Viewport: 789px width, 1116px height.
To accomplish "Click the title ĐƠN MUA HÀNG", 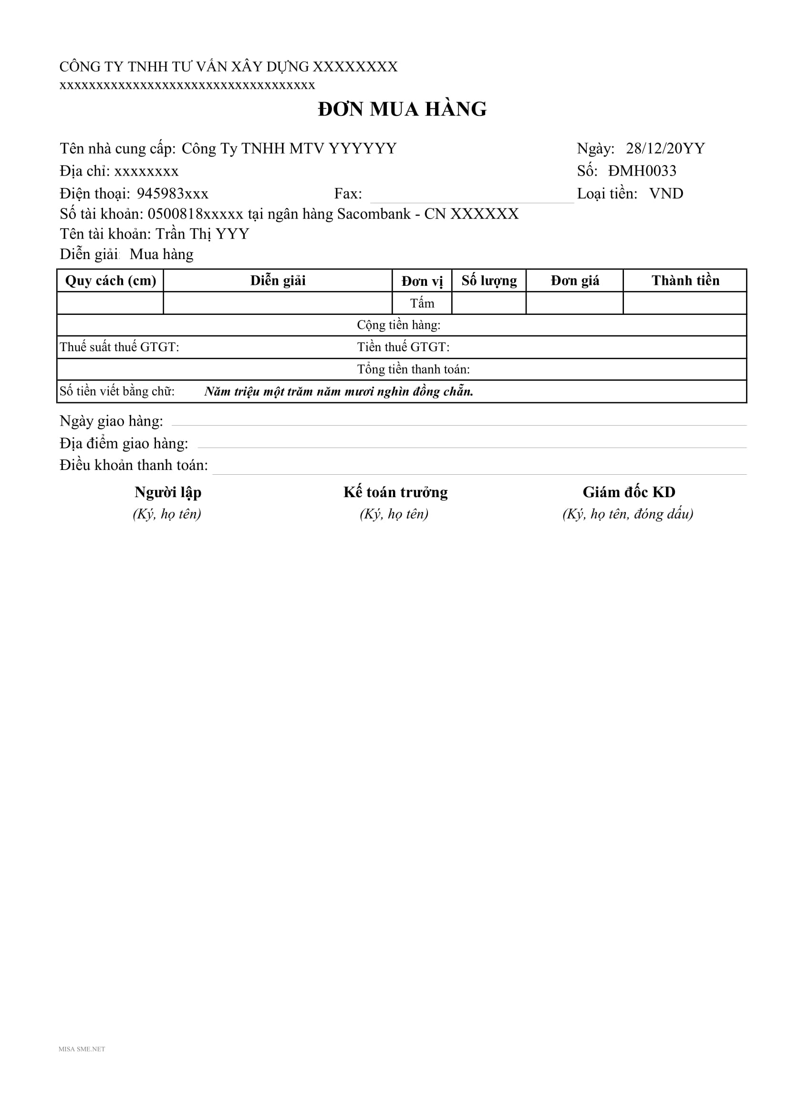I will tap(402, 109).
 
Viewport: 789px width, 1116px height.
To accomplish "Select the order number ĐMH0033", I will tap(642, 171).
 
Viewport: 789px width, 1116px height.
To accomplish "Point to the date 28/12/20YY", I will tap(664, 148).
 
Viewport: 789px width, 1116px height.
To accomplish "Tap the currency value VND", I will tap(666, 193).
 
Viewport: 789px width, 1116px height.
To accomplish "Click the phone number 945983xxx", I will tap(173, 193).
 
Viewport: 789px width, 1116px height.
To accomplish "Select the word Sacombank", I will tap(374, 214).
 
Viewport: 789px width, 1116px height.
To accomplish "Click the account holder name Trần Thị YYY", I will tap(202, 234).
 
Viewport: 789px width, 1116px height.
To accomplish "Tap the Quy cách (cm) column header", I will tap(110, 281).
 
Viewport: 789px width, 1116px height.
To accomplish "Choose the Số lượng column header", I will tap(489, 281).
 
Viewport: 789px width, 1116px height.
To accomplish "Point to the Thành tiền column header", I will tap(685, 281).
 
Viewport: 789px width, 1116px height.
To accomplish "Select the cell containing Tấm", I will tap(422, 303).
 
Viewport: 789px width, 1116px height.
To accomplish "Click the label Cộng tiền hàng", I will tap(398, 325).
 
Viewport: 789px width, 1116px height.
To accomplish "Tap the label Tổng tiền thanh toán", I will tap(414, 369).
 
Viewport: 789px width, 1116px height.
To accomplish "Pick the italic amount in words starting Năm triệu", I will tap(339, 391).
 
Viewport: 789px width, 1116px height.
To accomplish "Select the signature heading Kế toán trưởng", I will tap(395, 492).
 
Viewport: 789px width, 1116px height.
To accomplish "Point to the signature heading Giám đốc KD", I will tap(629, 492).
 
